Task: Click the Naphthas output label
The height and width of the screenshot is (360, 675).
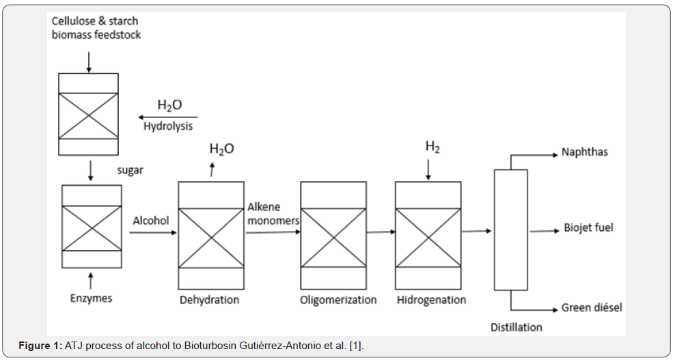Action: (x=584, y=152)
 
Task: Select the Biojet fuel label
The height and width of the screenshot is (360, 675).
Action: (x=588, y=227)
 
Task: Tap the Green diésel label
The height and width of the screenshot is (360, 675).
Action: (x=592, y=308)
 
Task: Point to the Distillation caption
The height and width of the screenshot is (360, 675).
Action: (x=516, y=327)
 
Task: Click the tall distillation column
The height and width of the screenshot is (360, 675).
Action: (x=510, y=230)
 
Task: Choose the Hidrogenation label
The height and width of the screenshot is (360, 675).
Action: (x=431, y=300)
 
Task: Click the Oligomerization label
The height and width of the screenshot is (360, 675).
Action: (x=338, y=300)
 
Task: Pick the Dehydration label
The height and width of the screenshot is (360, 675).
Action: (x=209, y=300)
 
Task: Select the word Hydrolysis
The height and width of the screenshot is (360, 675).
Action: (x=168, y=126)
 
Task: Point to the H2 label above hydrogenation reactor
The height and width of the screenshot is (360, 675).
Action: (x=432, y=147)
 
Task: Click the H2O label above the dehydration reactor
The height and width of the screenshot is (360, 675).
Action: (x=221, y=149)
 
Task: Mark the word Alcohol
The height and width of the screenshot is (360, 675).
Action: (x=150, y=221)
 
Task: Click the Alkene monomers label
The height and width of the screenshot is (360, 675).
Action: (x=273, y=214)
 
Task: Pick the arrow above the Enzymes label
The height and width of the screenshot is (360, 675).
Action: (x=91, y=279)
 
